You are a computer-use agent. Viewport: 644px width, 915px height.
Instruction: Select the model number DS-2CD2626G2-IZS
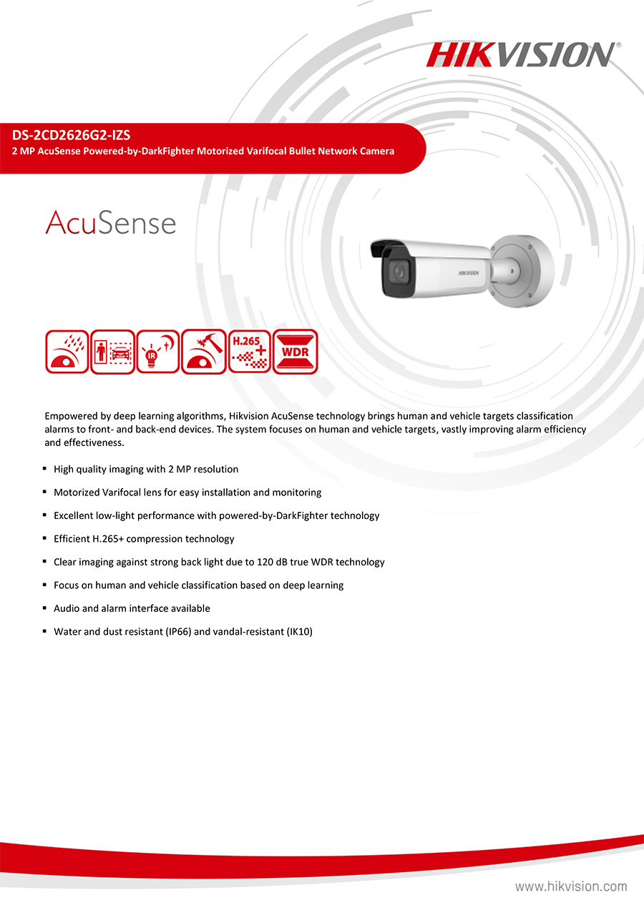71,134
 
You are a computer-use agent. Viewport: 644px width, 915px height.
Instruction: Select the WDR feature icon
295,352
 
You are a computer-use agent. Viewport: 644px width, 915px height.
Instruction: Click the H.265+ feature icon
250,352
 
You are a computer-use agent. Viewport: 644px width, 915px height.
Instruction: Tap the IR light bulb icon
158,352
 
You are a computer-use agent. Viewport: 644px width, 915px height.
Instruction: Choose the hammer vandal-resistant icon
204,352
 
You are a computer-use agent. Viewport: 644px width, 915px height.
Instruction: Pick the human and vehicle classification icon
112,352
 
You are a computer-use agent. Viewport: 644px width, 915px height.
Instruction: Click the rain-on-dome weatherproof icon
67,352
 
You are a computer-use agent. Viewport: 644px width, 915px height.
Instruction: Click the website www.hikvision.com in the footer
571,886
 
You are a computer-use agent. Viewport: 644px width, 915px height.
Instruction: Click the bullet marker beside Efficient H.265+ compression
45,538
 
